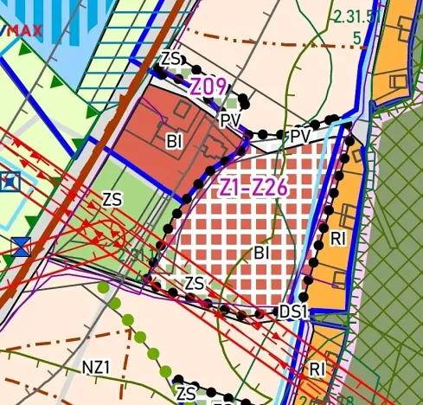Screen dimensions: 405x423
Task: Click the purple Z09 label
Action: (x=208, y=87)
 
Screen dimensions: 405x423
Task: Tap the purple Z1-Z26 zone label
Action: (x=253, y=187)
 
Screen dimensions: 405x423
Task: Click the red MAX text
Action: (x=23, y=29)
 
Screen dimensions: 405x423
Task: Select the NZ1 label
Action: (x=97, y=367)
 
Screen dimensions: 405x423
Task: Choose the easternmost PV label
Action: (x=300, y=138)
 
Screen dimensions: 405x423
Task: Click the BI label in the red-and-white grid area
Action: (x=266, y=253)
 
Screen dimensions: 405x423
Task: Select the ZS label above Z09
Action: (x=173, y=59)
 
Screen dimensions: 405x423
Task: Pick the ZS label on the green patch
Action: (x=112, y=200)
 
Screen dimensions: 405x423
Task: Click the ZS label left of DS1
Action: (x=195, y=283)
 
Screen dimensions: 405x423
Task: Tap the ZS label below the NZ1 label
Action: (x=186, y=393)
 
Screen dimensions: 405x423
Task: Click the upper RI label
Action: (x=337, y=237)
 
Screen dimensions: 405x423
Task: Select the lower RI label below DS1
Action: (x=317, y=370)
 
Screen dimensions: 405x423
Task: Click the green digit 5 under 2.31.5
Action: (x=357, y=37)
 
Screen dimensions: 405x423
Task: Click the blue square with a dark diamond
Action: (x=10, y=183)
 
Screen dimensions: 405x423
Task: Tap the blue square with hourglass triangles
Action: (x=22, y=245)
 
